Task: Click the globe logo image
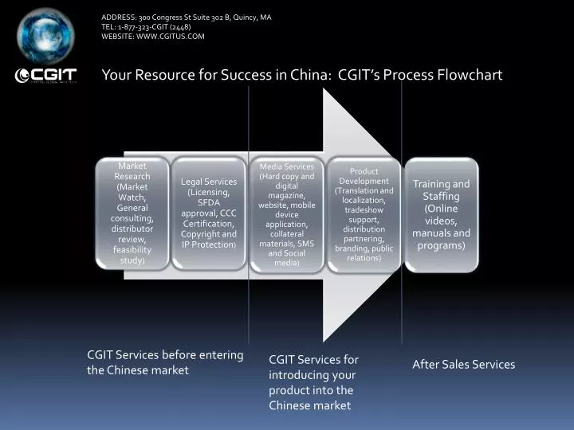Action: [x=46, y=35]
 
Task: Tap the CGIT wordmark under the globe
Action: [x=46, y=76]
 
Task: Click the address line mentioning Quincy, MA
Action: [x=186, y=16]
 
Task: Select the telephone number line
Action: [x=146, y=26]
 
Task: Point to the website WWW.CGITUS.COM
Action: [x=153, y=37]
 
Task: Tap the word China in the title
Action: [x=306, y=75]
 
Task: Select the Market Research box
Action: [x=132, y=213]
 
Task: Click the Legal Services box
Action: [x=209, y=213]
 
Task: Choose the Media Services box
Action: [x=286, y=213]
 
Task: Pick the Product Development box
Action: [x=364, y=213]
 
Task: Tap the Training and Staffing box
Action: [x=441, y=213]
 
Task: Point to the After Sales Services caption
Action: [x=463, y=364]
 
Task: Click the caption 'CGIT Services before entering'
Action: [x=165, y=355]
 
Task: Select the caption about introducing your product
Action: [x=313, y=382]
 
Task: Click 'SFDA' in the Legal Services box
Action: [x=208, y=202]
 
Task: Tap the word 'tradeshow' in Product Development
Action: [x=364, y=210]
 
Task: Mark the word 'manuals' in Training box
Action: [x=433, y=233]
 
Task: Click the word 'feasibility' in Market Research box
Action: [x=132, y=250]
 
